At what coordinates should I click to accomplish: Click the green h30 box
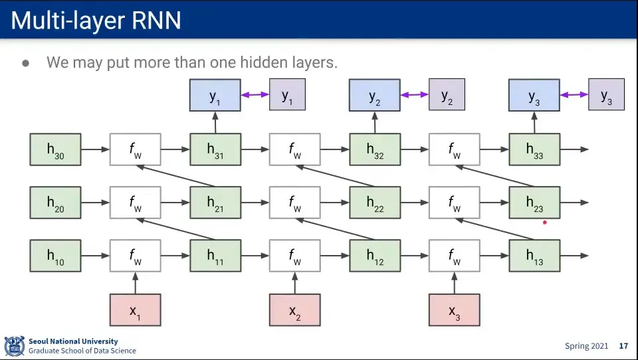[55, 149]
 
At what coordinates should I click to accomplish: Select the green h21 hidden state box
[215, 203]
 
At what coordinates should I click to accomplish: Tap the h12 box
[375, 256]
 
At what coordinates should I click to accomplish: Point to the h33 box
[534, 149]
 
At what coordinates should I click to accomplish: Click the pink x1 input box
[135, 310]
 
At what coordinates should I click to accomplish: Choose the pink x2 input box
[294, 310]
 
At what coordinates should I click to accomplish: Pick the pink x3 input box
[454, 310]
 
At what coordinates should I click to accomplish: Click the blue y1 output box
[215, 95]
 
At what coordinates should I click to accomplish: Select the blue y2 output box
[375, 95]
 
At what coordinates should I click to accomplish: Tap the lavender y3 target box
[606, 94]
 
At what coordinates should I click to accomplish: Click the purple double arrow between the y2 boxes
[414, 94]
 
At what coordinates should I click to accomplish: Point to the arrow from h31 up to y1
[215, 122]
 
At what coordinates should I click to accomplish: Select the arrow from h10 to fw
[95, 256]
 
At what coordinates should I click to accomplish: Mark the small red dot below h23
[545, 223]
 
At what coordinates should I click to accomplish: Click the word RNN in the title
[154, 21]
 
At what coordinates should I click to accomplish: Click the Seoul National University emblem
[14, 346]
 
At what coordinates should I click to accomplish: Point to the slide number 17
[623, 346]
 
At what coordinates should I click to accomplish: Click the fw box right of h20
[135, 203]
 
